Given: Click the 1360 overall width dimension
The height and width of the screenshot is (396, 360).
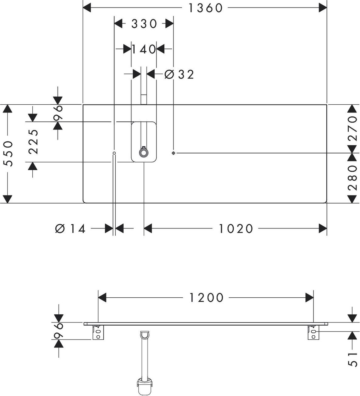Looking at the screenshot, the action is click(x=206, y=8).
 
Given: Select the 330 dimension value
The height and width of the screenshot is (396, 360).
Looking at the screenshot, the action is click(x=144, y=24).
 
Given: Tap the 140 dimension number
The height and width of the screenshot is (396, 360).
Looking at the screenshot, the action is click(x=144, y=49).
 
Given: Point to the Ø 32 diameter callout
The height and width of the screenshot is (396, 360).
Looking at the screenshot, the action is click(x=179, y=74).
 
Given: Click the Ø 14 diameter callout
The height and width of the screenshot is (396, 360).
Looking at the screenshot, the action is click(x=70, y=229).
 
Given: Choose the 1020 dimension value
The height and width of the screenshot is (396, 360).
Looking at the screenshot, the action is click(x=236, y=229).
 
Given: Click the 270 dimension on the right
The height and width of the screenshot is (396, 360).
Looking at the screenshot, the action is click(x=352, y=129).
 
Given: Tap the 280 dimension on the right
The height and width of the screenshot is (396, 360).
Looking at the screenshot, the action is click(x=352, y=178).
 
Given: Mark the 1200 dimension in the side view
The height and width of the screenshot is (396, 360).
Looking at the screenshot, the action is click(x=206, y=298).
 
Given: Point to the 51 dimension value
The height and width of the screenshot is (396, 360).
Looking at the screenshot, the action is click(x=352, y=359).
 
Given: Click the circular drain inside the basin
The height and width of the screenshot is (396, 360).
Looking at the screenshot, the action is click(x=144, y=153).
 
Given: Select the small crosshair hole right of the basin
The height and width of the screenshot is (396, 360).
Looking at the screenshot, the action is click(x=173, y=153).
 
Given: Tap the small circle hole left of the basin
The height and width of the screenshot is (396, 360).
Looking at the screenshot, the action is click(x=114, y=153).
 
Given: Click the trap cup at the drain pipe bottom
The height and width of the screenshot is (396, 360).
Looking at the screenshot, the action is click(x=145, y=388).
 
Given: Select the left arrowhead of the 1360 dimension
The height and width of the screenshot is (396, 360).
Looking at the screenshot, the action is click(x=87, y=8).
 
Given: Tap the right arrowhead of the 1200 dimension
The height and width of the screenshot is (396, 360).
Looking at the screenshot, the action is click(x=309, y=298).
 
